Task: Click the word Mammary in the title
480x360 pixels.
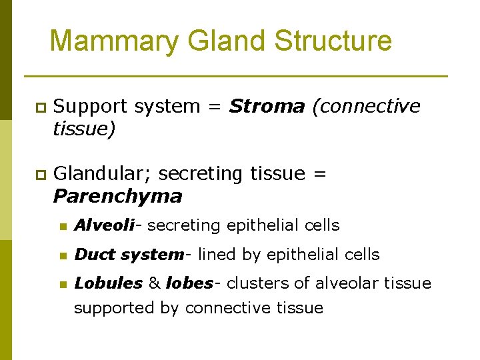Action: pyautogui.click(x=114, y=41)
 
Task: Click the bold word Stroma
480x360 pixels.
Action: pyautogui.click(x=267, y=107)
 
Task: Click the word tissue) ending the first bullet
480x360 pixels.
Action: pyautogui.click(x=84, y=129)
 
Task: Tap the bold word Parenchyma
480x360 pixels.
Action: pyautogui.click(x=117, y=197)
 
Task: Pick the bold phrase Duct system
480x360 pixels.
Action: pyautogui.click(x=129, y=255)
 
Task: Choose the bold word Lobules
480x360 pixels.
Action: pyautogui.click(x=108, y=283)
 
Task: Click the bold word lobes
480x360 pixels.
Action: pyautogui.click(x=189, y=283)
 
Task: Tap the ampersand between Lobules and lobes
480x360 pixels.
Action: pyautogui.click(x=154, y=283)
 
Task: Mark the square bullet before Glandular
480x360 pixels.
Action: pyautogui.click(x=40, y=175)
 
